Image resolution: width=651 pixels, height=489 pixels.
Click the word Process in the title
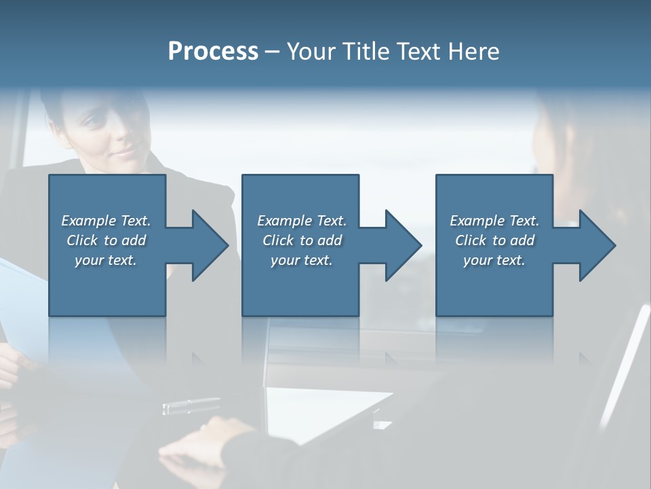(213, 52)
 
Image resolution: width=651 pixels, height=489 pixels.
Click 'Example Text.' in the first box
(106, 221)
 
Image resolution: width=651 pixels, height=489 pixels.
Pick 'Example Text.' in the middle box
(302, 221)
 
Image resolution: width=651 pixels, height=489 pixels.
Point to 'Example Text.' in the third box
(494, 221)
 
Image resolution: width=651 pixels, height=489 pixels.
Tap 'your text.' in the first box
(106, 260)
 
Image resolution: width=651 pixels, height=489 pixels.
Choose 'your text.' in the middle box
(302, 260)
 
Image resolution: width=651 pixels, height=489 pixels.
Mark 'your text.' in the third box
(494, 260)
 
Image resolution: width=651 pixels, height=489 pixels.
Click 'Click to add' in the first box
(106, 240)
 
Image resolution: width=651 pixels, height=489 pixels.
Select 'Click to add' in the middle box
(302, 240)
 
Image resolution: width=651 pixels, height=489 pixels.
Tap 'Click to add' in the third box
(494, 240)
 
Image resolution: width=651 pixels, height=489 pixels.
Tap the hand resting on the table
(203, 441)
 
